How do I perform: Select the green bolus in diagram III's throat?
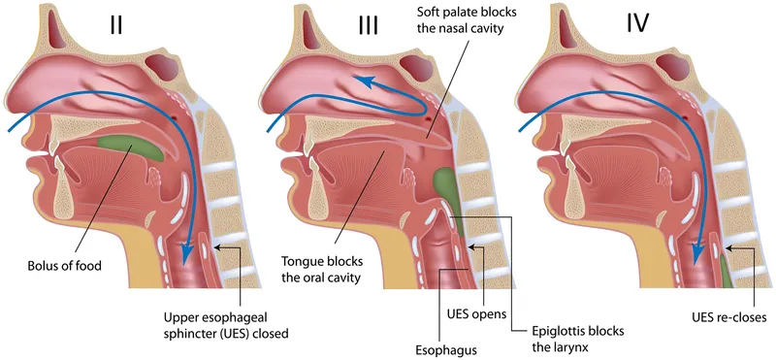click(445, 185)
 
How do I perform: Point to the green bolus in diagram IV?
click(727, 261)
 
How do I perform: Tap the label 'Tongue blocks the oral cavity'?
click(323, 269)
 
